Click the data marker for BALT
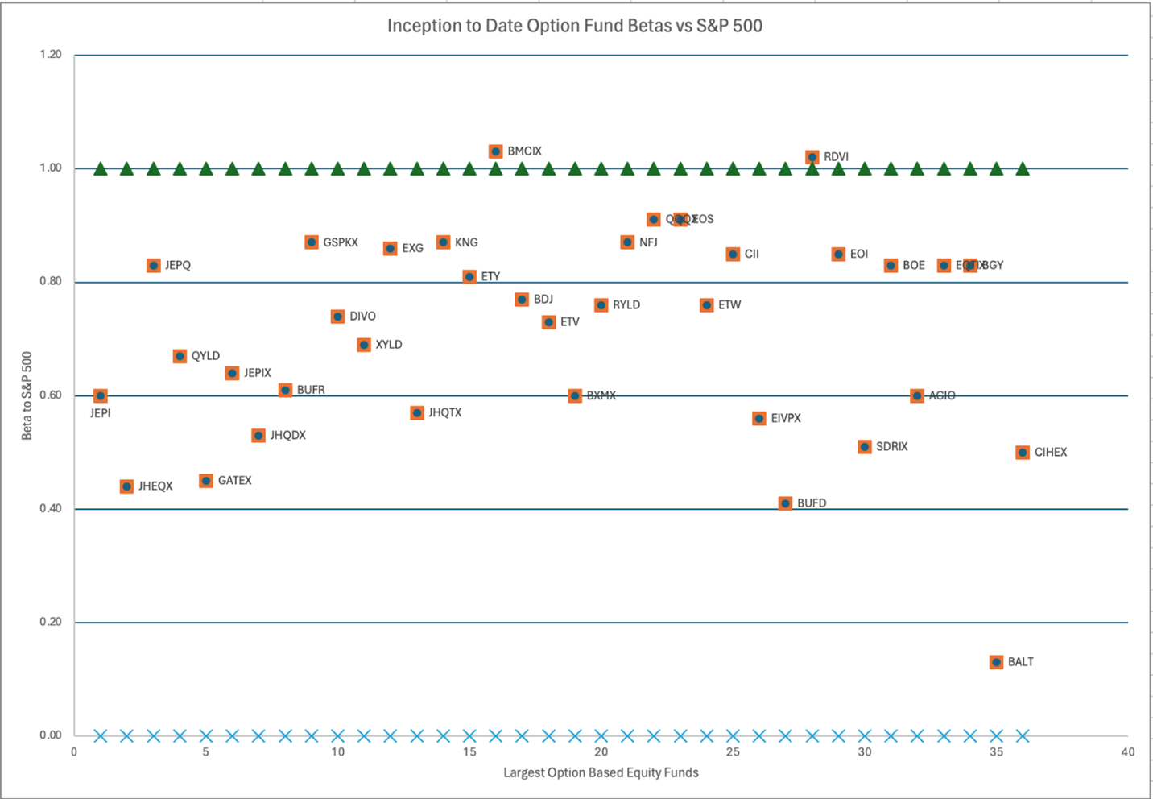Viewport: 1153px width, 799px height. [996, 662]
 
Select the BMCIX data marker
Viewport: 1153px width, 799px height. [496, 151]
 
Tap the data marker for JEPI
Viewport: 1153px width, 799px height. [101, 396]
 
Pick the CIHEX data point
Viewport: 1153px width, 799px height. [1023, 453]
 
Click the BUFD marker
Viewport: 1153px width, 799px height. [785, 503]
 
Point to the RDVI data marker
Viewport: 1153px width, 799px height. [812, 157]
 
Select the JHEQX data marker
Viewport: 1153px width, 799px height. [126, 486]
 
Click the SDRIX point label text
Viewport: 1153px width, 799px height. [891, 446]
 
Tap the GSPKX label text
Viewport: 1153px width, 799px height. [341, 242]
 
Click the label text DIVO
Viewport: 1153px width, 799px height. [362, 317]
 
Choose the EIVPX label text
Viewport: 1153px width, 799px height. [786, 418]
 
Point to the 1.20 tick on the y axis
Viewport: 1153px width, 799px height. [51, 55]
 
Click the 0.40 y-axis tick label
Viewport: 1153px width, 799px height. [51, 508]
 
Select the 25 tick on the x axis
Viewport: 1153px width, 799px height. [733, 751]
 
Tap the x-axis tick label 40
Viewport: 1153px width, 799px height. [1127, 751]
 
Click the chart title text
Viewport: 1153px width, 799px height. [575, 26]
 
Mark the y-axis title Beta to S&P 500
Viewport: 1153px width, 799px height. [27, 395]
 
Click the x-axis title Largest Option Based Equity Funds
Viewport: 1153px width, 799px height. [601, 772]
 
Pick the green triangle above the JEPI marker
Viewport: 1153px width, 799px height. [101, 168]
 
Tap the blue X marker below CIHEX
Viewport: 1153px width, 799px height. [1023, 735]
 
